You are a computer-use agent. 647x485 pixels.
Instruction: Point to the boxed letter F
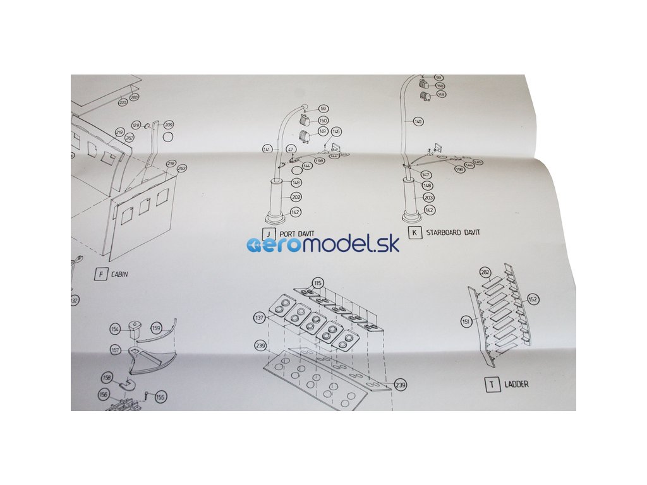(x=100, y=274)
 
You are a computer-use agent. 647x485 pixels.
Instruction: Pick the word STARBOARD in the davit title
(x=446, y=233)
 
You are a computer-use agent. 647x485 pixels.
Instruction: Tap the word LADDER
(x=516, y=384)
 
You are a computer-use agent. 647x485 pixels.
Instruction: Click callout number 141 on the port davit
(x=267, y=149)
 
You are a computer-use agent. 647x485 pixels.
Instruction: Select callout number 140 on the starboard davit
(x=418, y=121)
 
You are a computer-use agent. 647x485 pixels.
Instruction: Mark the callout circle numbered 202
(x=296, y=197)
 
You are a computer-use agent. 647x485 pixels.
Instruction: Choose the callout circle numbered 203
(x=429, y=198)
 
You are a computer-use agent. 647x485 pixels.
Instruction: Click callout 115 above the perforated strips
(x=317, y=282)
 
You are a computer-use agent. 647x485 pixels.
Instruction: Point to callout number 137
(x=259, y=318)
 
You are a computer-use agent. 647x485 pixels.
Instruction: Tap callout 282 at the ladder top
(x=485, y=272)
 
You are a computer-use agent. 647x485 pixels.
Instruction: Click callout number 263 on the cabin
(x=181, y=169)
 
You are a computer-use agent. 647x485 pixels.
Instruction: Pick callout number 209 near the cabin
(x=168, y=124)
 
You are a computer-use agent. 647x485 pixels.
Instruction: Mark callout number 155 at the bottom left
(x=160, y=397)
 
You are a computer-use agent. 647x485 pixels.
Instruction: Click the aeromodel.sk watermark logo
(x=323, y=246)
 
